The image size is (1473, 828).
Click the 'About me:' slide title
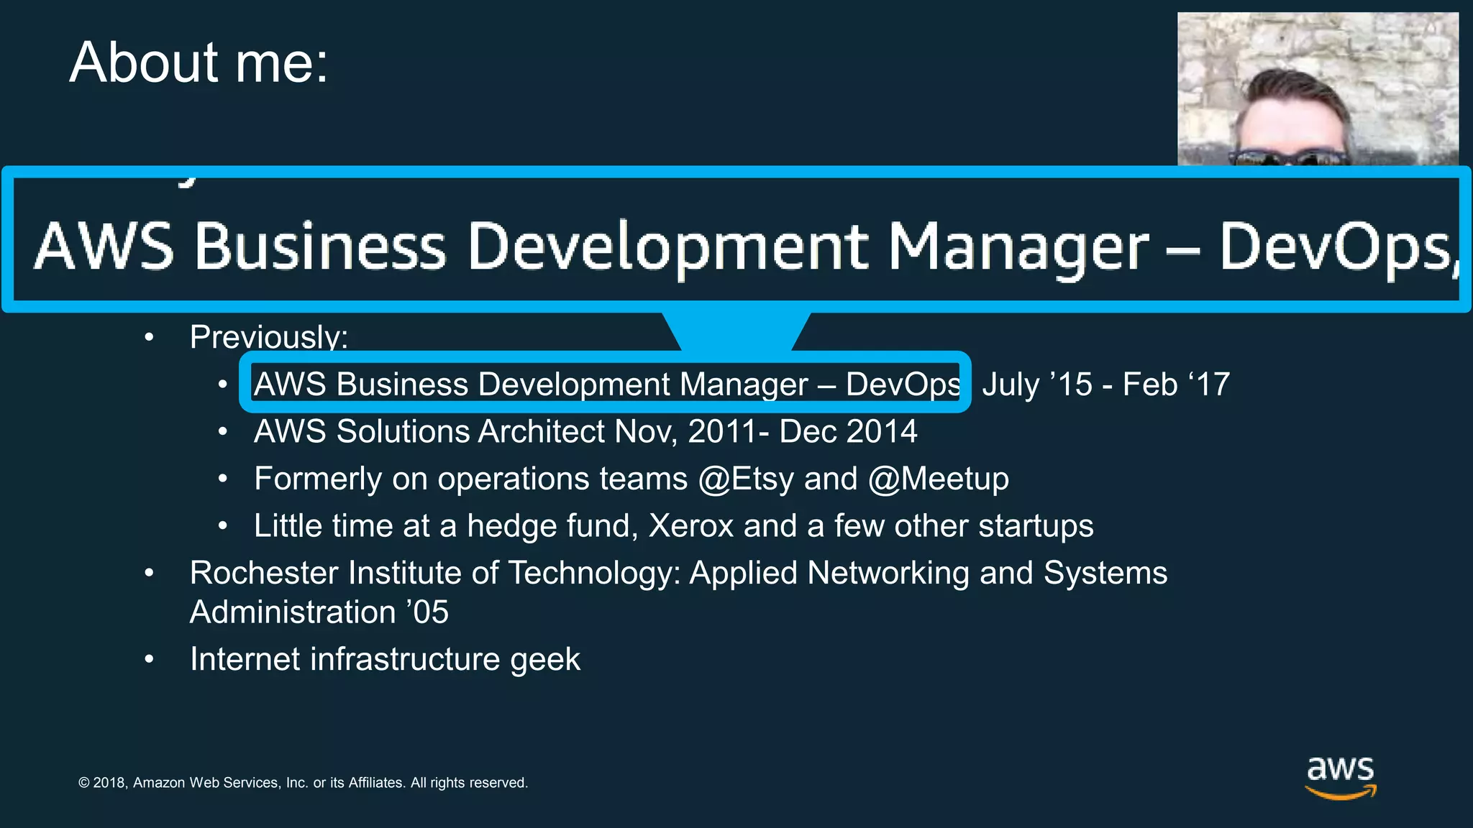click(199, 63)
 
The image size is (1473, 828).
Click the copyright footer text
click(303, 783)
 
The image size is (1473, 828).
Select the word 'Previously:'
click(268, 337)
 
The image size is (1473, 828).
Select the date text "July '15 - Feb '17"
click(1105, 385)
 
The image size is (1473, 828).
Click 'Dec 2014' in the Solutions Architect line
click(848, 432)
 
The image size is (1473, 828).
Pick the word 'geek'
click(544, 660)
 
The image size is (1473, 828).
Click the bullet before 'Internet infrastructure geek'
click(149, 659)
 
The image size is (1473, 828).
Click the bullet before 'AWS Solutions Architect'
click(223, 432)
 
